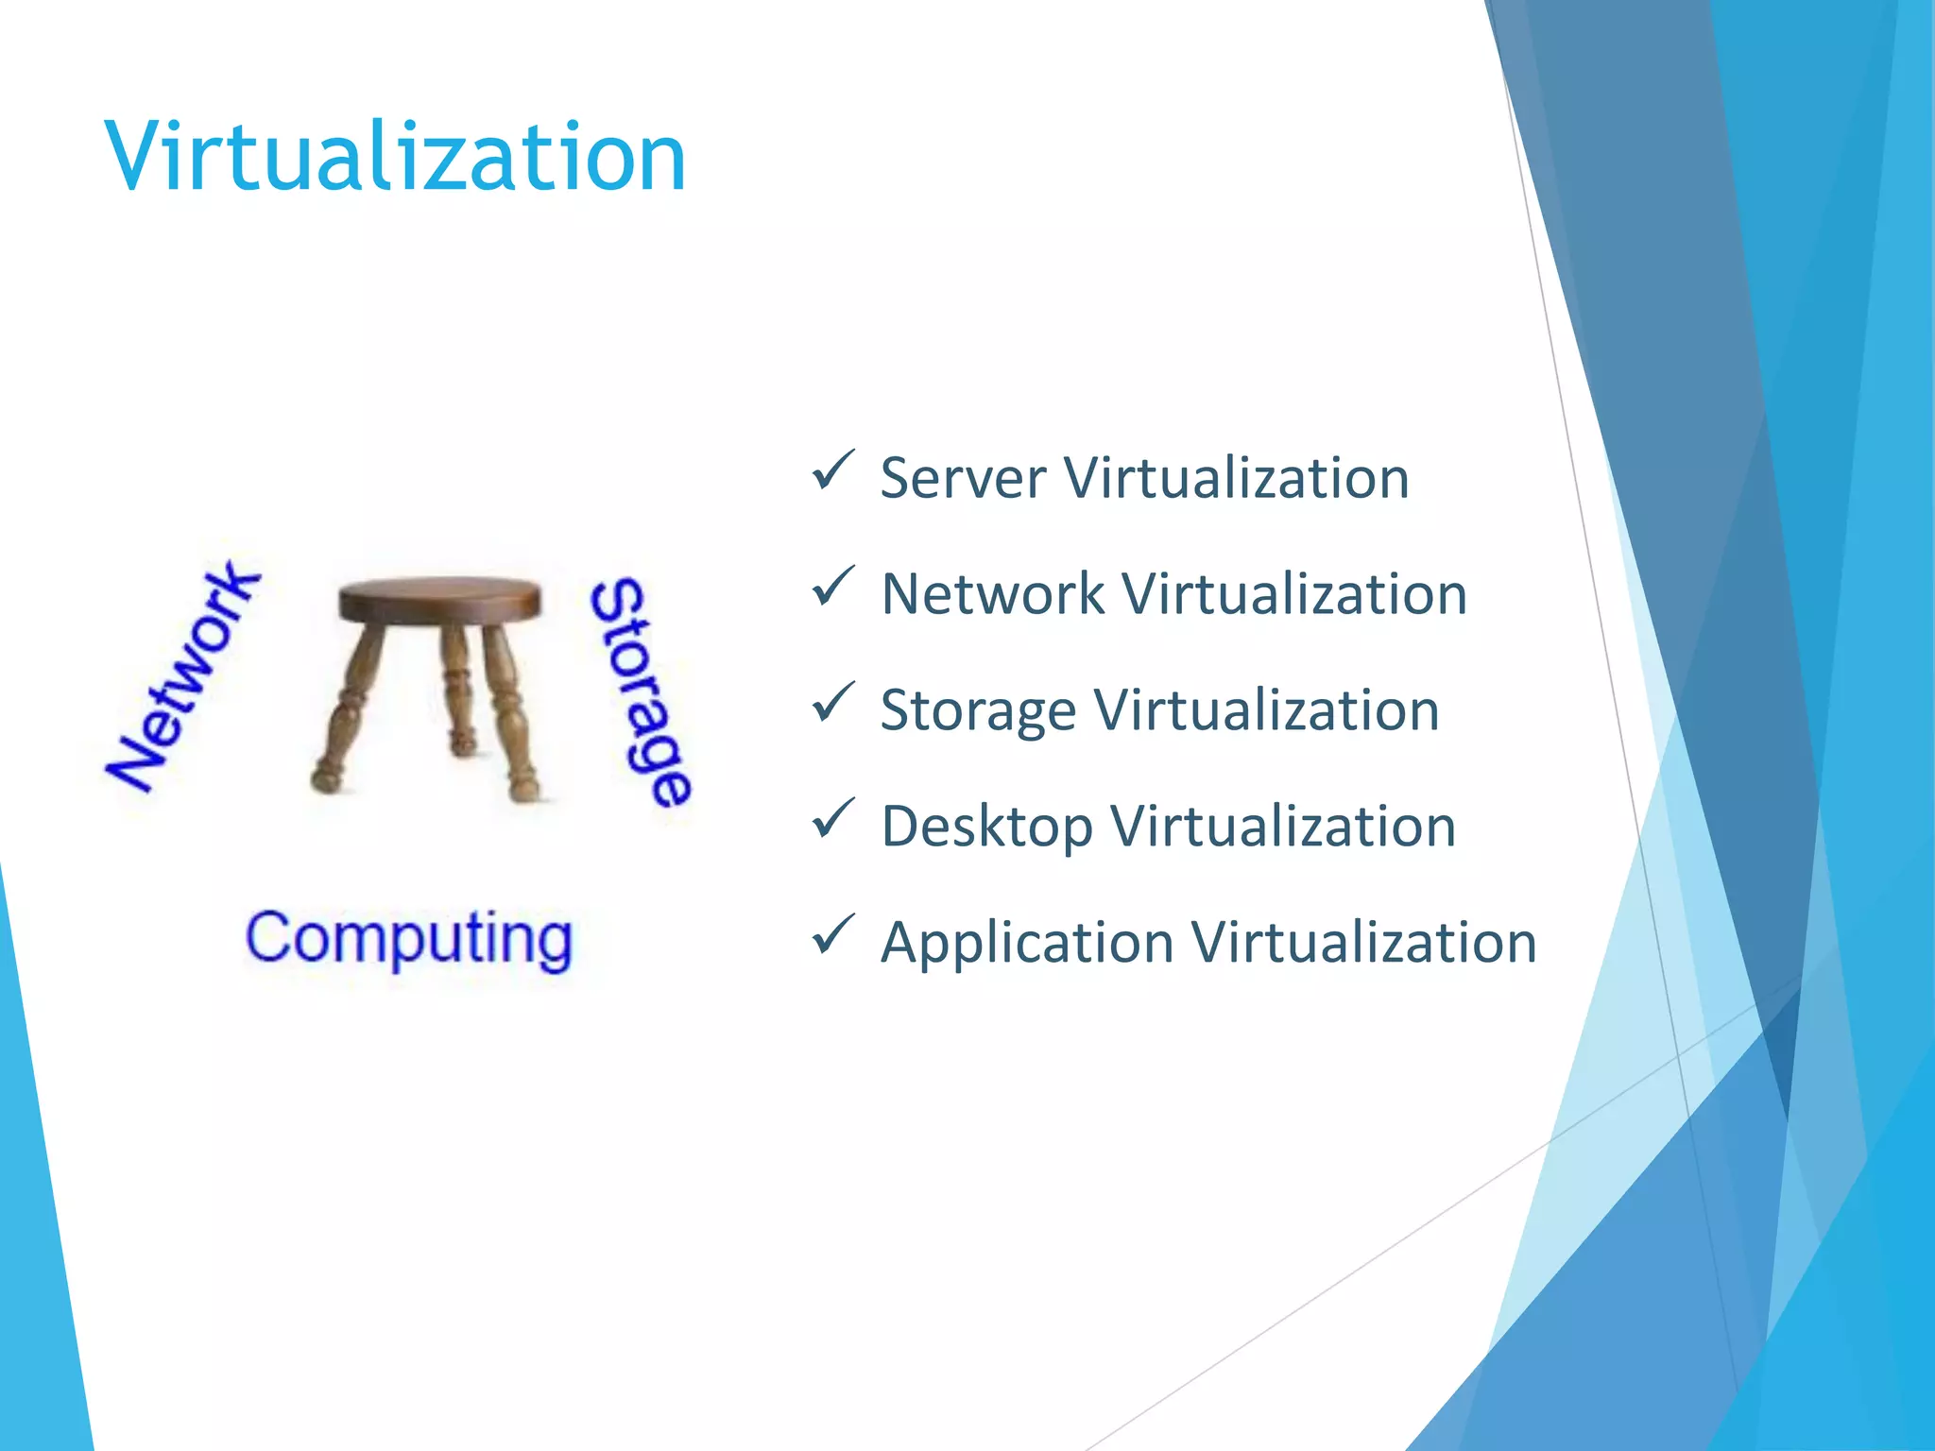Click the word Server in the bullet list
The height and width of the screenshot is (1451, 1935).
[963, 478]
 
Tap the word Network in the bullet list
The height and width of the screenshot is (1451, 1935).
[991, 594]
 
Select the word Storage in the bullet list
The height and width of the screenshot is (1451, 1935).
[978, 711]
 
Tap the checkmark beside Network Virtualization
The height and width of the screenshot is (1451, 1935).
[832, 587]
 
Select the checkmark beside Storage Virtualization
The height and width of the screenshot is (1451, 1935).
[832, 703]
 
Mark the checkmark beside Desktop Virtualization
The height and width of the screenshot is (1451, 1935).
[832, 819]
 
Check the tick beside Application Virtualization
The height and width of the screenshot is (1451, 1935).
[832, 935]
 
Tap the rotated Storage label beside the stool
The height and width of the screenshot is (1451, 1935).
[641, 692]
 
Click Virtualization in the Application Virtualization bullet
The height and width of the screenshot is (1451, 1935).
[1363, 944]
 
